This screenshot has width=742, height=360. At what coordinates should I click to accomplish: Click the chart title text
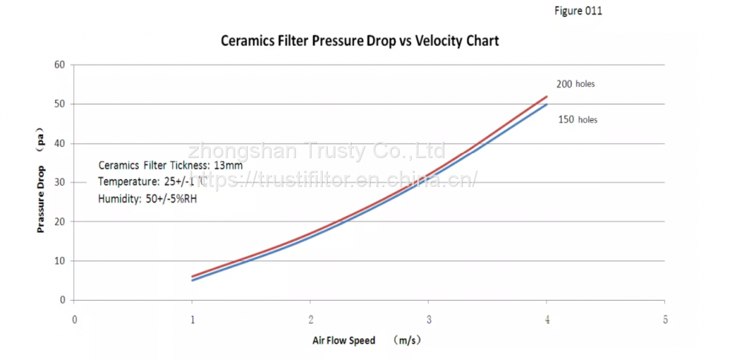(360, 41)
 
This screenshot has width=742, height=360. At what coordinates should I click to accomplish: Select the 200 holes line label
(575, 84)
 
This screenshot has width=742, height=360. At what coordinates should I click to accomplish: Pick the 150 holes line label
(577, 120)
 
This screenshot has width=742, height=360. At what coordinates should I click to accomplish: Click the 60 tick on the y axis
(60, 65)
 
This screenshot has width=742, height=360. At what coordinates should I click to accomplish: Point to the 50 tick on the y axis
(60, 104)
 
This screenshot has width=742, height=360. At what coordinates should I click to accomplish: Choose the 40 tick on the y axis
(60, 143)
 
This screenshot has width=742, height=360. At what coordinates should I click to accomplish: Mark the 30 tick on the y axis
(60, 183)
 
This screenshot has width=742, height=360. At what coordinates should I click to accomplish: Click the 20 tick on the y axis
(60, 222)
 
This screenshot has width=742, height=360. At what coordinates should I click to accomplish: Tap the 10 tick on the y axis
(60, 261)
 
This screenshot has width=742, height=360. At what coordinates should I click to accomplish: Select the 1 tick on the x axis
(192, 320)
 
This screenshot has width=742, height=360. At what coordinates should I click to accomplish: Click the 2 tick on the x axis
(310, 320)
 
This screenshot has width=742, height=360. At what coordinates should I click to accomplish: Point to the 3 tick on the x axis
(428, 320)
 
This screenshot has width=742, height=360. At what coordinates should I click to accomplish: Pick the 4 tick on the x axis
(547, 320)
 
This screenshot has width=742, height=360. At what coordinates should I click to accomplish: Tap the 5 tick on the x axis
(665, 320)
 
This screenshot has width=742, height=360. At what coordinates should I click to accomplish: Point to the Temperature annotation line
(153, 183)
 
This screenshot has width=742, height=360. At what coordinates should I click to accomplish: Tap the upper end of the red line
(546, 96)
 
